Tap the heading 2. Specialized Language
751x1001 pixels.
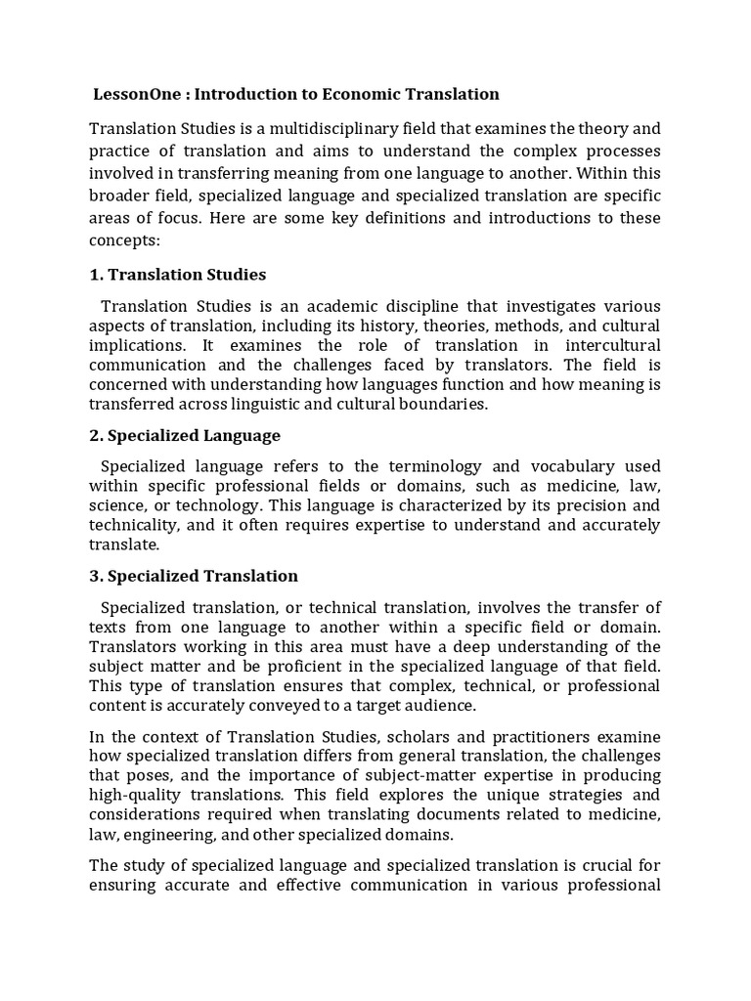click(185, 435)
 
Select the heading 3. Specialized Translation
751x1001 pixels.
click(194, 576)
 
